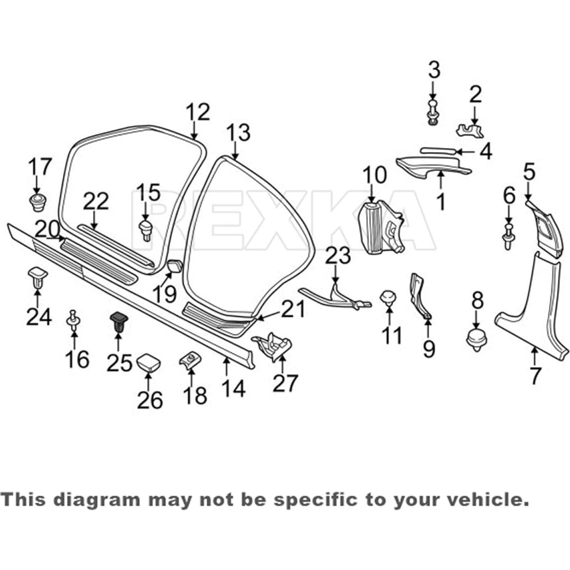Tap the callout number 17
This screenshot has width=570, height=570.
(40, 167)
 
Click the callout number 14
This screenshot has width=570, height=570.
(233, 388)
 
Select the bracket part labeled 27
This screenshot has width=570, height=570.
(273, 345)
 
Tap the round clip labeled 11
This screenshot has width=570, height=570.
(388, 298)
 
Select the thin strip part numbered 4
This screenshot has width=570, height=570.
(438, 151)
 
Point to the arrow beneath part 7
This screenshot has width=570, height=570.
(534, 355)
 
